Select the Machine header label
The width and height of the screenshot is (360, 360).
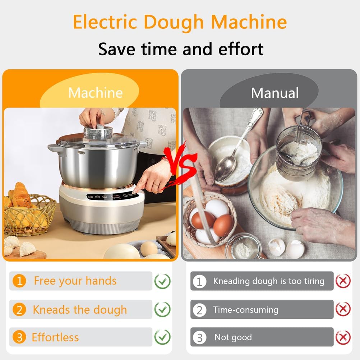pos(96,93)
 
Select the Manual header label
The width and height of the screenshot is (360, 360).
pos(274,93)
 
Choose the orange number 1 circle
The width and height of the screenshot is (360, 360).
pos(19,281)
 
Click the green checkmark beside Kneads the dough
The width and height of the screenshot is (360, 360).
pos(162,309)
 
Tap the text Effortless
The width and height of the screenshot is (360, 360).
pos(55,337)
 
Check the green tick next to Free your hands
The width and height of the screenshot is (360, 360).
pos(162,281)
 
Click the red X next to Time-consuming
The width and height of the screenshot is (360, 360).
pos(343,309)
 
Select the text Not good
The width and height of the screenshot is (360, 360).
pos(233,337)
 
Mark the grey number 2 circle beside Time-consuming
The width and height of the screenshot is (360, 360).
pos(199,310)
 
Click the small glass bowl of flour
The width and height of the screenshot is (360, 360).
pos(243,247)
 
